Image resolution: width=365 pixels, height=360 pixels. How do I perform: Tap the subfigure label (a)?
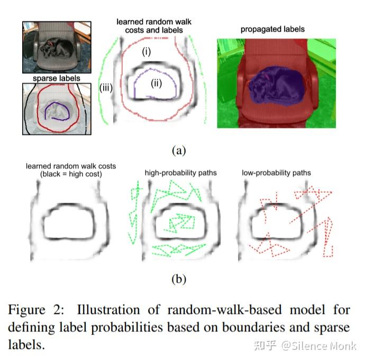pos(178,150)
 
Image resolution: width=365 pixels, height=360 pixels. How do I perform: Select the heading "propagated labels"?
pos(272,29)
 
